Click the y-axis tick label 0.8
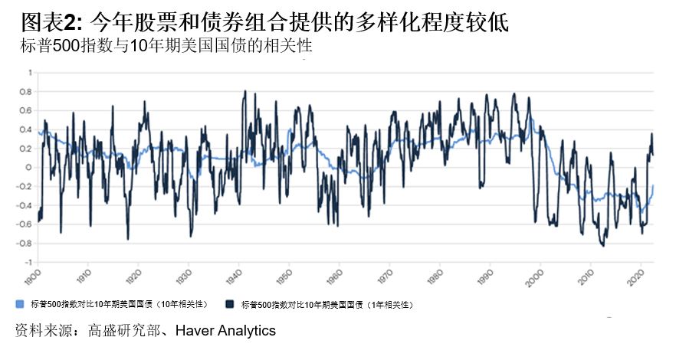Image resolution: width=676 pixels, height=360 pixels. [x=28, y=92]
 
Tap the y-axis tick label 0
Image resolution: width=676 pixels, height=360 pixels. [x=30, y=168]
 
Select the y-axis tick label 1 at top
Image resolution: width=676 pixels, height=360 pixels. [x=31, y=73]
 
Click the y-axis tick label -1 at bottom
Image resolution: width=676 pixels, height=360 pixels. [x=29, y=262]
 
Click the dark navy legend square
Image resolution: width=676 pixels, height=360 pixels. [x=230, y=303]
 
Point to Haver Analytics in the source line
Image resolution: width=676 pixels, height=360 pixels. [x=225, y=331]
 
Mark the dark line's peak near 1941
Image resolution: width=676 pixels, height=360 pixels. [x=244, y=91]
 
